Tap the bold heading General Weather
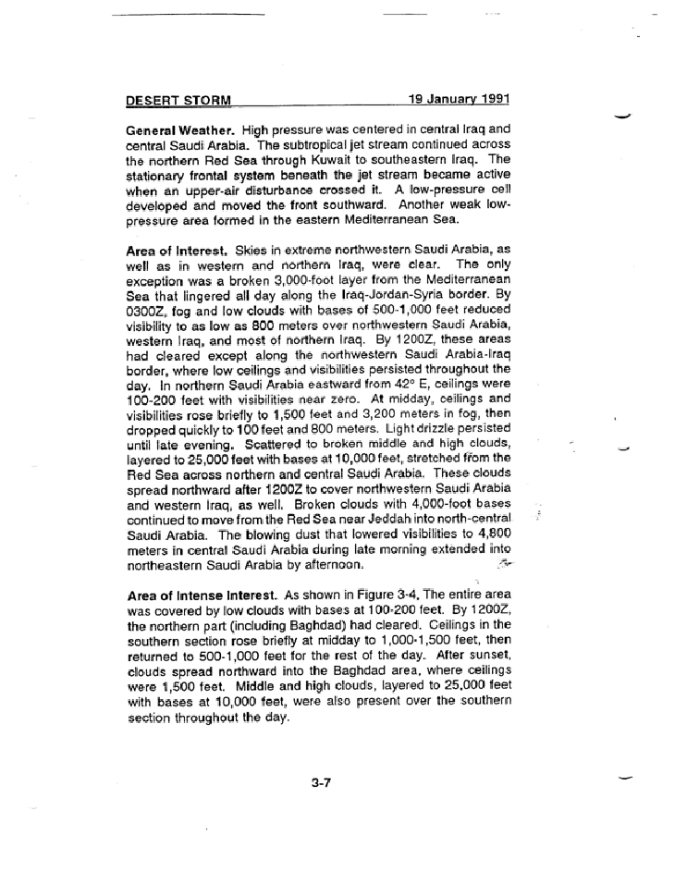[x=181, y=130]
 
